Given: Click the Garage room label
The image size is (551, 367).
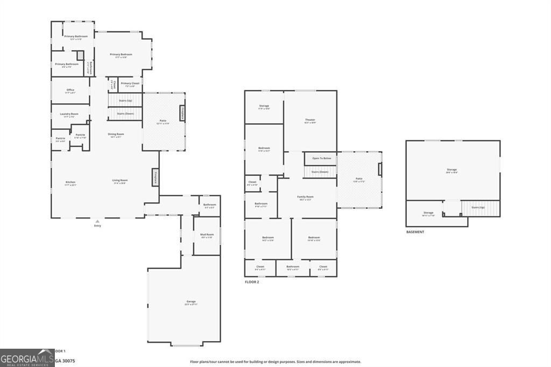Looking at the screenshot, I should (191, 301).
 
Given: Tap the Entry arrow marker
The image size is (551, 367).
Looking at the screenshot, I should (97, 221).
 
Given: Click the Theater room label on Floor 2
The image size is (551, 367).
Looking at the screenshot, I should (310, 120).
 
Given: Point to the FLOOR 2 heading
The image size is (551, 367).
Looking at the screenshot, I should (252, 281).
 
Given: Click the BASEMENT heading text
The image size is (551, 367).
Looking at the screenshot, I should (415, 232).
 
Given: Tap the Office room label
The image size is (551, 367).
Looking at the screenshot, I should (70, 90).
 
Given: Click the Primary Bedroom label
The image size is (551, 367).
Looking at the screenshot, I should (121, 54).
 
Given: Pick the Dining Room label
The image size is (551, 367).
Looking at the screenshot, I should (116, 134).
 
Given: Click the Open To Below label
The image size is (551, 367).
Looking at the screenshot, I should (321, 158).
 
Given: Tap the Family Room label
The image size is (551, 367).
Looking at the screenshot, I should (306, 197).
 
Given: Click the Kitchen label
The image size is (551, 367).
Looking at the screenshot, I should (70, 182).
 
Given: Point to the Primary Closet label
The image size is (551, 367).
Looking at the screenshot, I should (130, 83).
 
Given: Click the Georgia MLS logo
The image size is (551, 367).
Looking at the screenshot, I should (27, 358).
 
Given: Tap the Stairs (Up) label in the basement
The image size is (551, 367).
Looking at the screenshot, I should (478, 207).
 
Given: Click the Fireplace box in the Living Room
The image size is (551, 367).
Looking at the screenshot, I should (156, 178).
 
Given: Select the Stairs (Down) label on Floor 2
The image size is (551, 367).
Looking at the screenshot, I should (320, 172).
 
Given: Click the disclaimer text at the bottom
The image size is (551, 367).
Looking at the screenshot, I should (275, 362).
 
